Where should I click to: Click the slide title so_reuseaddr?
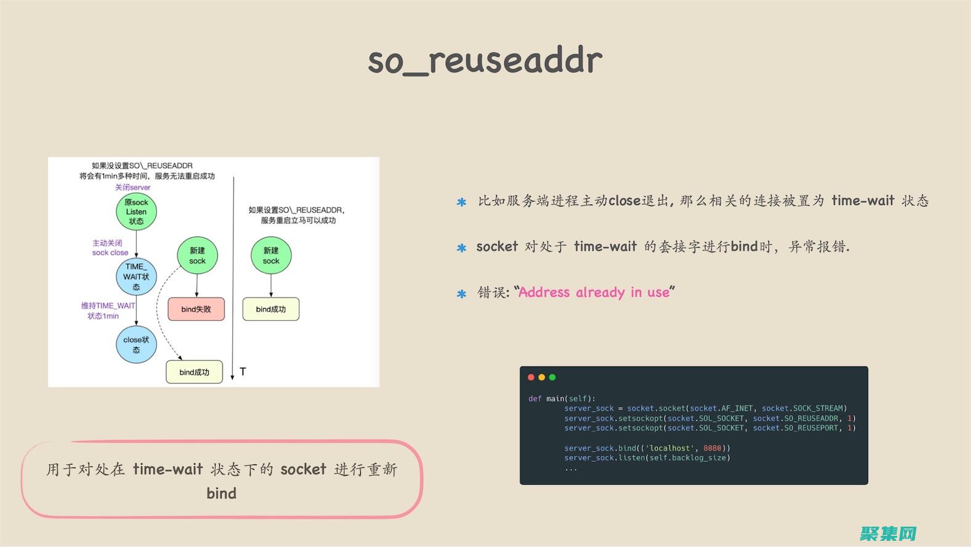[485, 60]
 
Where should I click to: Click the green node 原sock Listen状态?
[136, 212]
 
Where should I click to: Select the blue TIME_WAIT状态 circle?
[136, 277]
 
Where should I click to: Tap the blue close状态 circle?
[136, 345]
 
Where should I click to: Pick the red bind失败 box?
[196, 309]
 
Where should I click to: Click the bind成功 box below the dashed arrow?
[194, 372]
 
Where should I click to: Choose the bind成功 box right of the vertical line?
[270, 309]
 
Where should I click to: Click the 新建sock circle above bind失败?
[197, 256]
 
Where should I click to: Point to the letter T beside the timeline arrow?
[243, 371]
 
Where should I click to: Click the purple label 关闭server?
[132, 187]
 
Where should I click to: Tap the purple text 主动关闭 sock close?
[110, 248]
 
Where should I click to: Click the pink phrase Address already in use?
[594, 293]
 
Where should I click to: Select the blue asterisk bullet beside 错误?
[462, 294]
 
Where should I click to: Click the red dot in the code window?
[531, 377]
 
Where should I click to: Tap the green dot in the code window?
[552, 377]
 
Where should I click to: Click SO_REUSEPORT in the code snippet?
[811, 428]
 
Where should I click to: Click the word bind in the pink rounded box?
[222, 493]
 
